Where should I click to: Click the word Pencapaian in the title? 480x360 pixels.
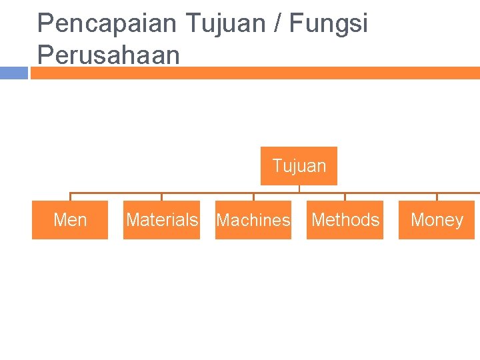coord(107,24)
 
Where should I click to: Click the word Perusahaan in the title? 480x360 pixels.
coord(108,55)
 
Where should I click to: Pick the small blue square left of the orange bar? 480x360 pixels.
coord(13,73)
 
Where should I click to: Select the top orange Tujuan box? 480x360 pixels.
coord(299,165)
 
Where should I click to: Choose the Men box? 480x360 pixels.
coord(70,219)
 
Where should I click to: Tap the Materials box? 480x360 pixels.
coord(161,219)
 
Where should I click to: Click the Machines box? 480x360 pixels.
coord(253,219)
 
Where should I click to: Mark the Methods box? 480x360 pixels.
coord(345,219)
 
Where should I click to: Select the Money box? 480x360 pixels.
coord(437,219)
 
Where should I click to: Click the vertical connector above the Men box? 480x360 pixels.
coord(70,197)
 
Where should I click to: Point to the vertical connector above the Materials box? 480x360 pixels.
coord(161,197)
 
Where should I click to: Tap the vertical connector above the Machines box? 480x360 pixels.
coord(253,197)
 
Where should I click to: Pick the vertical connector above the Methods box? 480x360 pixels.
coord(345,197)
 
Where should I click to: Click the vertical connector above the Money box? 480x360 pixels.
coord(437,197)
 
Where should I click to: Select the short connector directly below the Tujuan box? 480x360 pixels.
coord(299,189)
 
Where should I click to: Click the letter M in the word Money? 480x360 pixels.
coord(417,220)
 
